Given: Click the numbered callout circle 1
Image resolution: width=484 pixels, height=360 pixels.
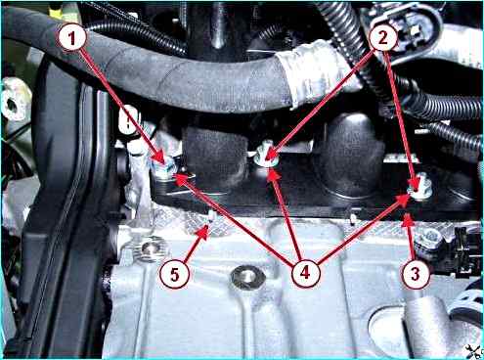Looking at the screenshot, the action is coord(72,38).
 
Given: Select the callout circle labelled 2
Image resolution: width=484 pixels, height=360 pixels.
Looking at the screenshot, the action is coord(383,37).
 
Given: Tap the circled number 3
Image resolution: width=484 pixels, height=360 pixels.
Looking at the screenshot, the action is coord(416,273).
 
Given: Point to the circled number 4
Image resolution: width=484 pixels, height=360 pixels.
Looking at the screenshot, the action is coord(305,273).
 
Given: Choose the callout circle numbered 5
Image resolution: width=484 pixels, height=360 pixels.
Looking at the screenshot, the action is coord(175,274).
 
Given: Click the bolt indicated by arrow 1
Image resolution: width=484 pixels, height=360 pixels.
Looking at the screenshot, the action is coord(165,168).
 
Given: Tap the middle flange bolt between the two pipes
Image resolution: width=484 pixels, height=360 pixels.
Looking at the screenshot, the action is coord(266,156).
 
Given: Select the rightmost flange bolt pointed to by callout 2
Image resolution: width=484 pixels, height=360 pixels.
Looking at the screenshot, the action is coord(420,187).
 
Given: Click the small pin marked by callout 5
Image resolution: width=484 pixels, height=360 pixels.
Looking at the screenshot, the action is coord(211,216).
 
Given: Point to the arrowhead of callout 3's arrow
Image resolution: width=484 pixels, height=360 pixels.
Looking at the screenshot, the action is coord(408,219).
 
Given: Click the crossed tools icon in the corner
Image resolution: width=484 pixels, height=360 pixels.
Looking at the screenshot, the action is coord(473,351).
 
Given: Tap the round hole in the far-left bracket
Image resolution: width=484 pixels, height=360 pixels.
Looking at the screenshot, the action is coord(13,105).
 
